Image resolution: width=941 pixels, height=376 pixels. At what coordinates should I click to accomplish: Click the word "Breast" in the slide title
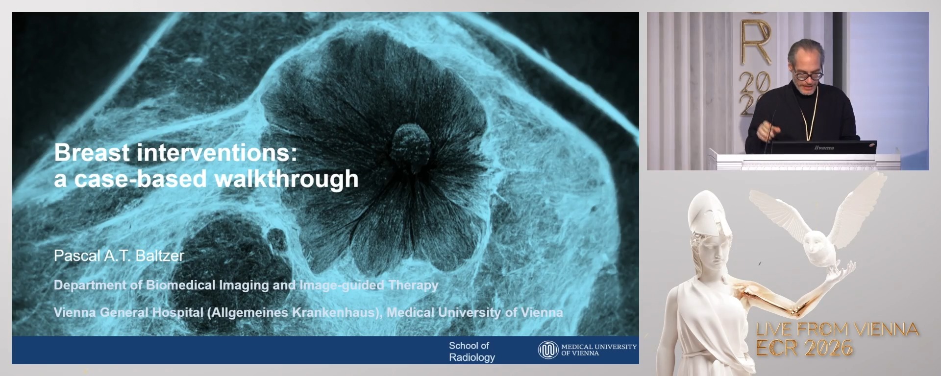pos(92,153)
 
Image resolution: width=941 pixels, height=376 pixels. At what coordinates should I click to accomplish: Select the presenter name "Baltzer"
pos(159,256)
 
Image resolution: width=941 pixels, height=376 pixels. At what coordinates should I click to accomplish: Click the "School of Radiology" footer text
pos(471,352)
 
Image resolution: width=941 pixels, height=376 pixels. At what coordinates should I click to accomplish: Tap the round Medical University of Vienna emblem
pos(548,350)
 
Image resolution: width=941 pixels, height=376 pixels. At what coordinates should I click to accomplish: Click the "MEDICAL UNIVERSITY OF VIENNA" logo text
pos(598,350)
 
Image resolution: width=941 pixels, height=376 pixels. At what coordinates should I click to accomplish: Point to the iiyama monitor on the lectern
pos(823,147)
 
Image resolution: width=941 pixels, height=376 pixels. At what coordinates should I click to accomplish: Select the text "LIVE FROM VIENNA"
pos(837,329)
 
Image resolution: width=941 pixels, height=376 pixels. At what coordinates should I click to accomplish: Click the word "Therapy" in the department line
pos(413,285)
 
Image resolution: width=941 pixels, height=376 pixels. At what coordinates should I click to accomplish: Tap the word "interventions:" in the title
pos(217,153)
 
